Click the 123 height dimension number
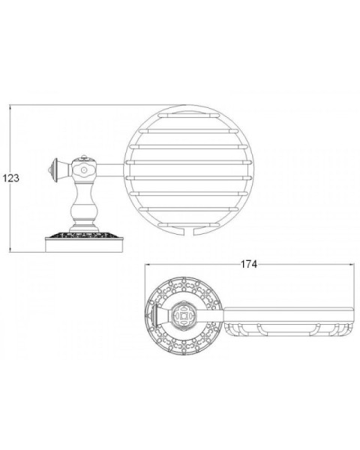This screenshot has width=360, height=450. coord(11,178)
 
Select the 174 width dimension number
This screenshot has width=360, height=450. coord(248,264)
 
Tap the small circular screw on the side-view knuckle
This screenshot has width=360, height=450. coord(84,170)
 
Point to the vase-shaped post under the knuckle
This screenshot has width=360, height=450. coord(84,206)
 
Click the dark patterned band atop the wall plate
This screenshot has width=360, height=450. coord(84,235)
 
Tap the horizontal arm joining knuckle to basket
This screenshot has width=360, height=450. coord(110,170)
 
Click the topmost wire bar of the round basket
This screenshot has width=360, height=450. coord(187,115)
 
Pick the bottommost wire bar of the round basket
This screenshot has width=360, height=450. coord(188,224)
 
